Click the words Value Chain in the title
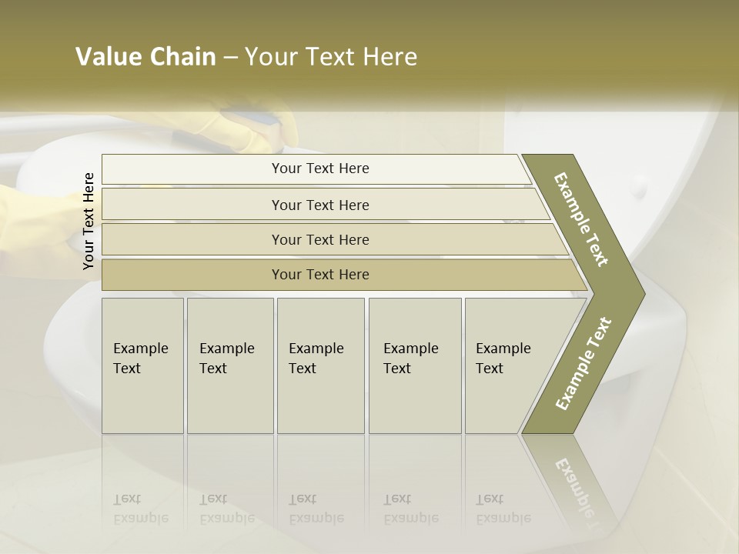tap(145, 57)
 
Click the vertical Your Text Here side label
tap(89, 222)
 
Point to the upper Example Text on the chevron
tap(582, 219)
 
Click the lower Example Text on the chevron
tap(584, 363)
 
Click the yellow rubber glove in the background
tap(254, 127)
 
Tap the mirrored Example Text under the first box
tap(141, 509)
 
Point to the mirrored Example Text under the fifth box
tap(503, 509)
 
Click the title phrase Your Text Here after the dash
tap(331, 57)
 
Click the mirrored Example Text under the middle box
tap(316, 509)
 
